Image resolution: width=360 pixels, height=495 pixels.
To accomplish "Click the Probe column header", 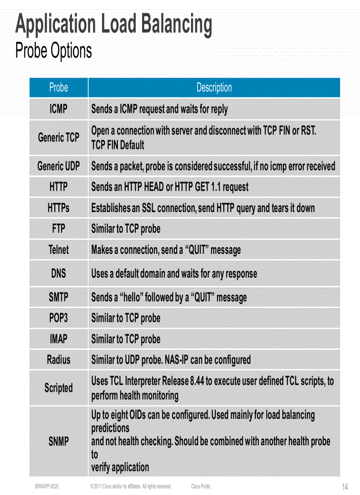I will tap(59, 87).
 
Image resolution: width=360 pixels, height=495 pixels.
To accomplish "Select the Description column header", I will tap(214, 87).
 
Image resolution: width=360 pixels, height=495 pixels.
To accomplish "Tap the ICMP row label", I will tap(59, 108).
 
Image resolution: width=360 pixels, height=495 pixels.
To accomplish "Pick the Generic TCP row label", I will tap(59, 138).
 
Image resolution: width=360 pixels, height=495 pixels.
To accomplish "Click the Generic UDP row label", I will tap(59, 166).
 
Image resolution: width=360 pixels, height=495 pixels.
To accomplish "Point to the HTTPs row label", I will tap(59, 208).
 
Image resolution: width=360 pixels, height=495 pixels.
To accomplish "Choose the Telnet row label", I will tap(59, 250).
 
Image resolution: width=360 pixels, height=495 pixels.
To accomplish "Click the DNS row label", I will tap(59, 273).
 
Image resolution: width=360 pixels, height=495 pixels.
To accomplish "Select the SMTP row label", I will tap(59, 297).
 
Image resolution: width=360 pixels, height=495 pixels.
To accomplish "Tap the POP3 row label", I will tap(59, 318).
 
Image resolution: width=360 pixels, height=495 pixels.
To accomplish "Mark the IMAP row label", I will tap(59, 339).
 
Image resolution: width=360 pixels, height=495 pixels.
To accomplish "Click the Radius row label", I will tap(59, 360).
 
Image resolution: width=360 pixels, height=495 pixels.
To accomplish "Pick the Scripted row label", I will tap(59, 388).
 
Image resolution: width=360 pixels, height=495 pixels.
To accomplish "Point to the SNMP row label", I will tap(59, 441).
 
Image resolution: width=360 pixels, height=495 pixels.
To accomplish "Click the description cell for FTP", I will tap(126, 229).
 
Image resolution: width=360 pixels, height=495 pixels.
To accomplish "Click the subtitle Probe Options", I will tap(53, 51).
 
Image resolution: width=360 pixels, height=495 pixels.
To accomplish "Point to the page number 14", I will tap(345, 487).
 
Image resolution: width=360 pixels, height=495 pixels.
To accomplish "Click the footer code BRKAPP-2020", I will tap(47, 487).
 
